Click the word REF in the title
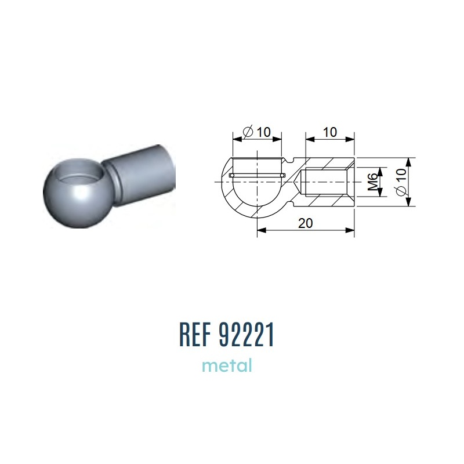tap(195, 335)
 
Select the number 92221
tap(246, 335)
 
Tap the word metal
tap(227, 365)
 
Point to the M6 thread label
tap(374, 182)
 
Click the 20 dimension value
tap(306, 223)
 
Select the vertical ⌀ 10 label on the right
tap(401, 182)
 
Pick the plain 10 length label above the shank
tap(329, 132)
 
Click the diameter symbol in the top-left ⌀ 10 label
tap(248, 132)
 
